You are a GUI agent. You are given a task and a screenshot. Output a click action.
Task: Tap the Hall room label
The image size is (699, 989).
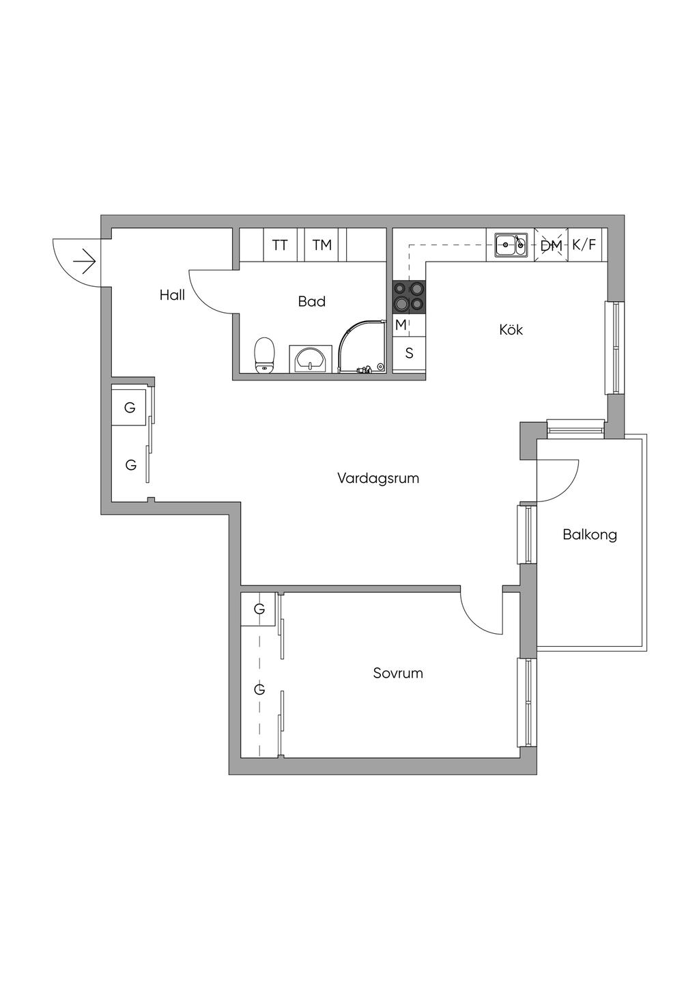172,296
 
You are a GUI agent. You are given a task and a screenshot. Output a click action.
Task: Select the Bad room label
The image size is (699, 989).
311,301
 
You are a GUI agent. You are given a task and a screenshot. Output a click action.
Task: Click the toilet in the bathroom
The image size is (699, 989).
264,355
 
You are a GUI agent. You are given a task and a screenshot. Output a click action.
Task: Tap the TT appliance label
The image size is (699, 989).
280,245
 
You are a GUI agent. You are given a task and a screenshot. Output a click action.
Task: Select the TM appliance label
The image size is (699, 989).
322,245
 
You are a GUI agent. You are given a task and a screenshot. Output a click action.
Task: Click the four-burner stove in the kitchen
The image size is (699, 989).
409,297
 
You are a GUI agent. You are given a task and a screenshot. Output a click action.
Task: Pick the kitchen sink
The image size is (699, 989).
511,245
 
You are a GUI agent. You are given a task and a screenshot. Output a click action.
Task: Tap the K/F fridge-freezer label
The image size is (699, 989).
584,245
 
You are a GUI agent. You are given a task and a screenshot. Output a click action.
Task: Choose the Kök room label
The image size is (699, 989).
511,330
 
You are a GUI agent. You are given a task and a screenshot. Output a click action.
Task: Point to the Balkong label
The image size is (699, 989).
590,534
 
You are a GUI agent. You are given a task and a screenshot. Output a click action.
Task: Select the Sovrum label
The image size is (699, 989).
398,673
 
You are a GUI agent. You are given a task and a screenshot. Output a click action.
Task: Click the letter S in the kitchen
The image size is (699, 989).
410,354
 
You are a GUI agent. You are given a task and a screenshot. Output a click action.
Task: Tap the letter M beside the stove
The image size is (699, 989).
401,325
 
